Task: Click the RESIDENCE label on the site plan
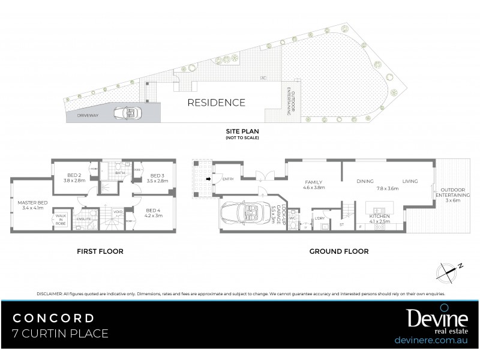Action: [x=217, y=103]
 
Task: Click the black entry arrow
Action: [x=208, y=178]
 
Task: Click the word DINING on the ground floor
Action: [x=364, y=181]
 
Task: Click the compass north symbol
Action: [x=449, y=269]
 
